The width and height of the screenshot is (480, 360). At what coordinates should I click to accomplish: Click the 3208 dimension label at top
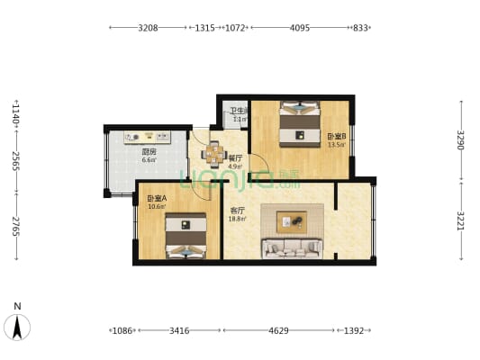[149, 28]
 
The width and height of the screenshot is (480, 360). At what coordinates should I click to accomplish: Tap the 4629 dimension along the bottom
[279, 331]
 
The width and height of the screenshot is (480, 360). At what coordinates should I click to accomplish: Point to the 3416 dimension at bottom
[178, 331]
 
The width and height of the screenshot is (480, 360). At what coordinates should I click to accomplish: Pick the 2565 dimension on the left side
[15, 160]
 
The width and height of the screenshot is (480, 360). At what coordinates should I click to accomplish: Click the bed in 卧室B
[299, 125]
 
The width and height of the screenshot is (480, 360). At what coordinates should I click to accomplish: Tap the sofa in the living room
[291, 247]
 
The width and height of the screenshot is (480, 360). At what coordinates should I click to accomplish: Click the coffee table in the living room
[291, 219]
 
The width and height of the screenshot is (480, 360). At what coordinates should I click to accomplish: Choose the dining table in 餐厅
[215, 154]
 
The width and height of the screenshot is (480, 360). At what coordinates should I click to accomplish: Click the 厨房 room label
[149, 152]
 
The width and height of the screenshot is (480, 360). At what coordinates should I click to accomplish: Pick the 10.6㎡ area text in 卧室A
[156, 206]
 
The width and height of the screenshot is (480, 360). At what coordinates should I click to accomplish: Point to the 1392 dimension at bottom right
[354, 331]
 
